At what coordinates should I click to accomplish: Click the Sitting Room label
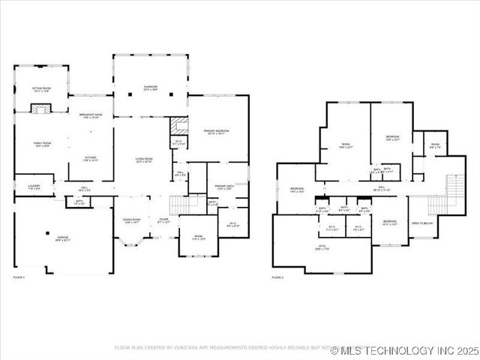tap(41, 89)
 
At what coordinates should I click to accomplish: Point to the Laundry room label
tap(34, 186)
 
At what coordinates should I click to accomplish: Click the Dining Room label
tap(131, 220)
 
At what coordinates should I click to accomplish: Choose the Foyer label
tap(163, 220)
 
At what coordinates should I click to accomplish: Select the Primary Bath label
tap(224, 187)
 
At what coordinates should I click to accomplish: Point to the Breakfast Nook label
tap(96, 115)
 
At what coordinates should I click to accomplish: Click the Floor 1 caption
tap(19, 277)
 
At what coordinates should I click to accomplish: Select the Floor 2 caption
tap(278, 277)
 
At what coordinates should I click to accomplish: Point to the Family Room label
tap(41, 145)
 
